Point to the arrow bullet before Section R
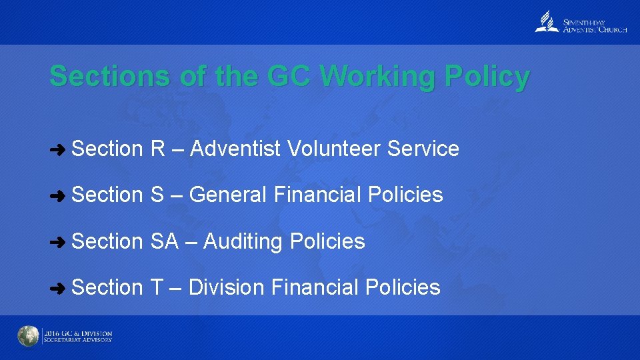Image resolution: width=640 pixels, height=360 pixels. (x=58, y=149)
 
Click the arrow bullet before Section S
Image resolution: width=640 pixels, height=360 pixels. (x=58, y=195)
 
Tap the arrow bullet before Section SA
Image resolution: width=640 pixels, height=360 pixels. (x=58, y=241)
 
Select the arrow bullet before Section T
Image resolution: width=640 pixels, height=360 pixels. (x=58, y=288)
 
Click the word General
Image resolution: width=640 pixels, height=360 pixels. (x=228, y=195)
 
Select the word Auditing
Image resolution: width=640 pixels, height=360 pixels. (x=244, y=241)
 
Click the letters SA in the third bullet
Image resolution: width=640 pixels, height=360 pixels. (x=165, y=241)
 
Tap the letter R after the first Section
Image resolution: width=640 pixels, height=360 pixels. (x=158, y=149)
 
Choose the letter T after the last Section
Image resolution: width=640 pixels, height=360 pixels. (x=157, y=287)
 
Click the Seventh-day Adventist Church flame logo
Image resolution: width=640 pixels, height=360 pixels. (x=547, y=23)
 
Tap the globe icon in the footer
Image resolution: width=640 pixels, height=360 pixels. (x=28, y=336)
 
